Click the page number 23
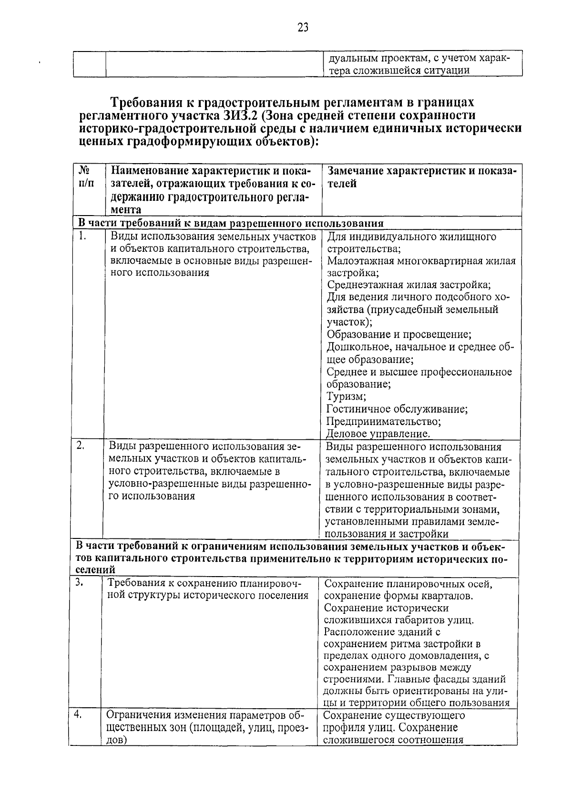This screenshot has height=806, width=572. (303, 27)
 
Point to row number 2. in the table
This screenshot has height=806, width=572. (81, 445)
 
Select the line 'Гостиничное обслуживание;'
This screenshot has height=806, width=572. (397, 409)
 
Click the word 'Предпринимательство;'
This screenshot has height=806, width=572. (384, 422)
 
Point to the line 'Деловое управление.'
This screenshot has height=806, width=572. (378, 434)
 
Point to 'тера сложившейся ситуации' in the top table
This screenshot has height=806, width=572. (399, 71)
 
